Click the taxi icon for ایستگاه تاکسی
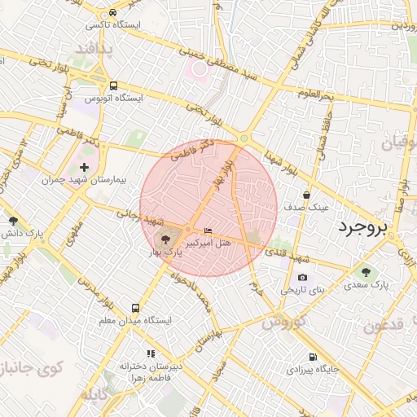point(112,14)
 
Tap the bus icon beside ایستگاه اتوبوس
point(113,86)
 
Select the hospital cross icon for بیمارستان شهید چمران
point(84,144)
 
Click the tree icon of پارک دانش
point(12,220)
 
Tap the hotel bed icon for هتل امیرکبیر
point(208,231)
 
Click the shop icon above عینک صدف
point(306,195)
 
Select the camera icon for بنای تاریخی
point(303,278)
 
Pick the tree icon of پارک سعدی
point(366,272)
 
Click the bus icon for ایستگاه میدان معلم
point(135,309)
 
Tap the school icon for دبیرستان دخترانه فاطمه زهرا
point(150,353)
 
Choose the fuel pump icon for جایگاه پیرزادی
point(312,358)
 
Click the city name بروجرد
point(365,226)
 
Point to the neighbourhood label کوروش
point(283,322)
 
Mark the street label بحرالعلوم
point(316,96)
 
